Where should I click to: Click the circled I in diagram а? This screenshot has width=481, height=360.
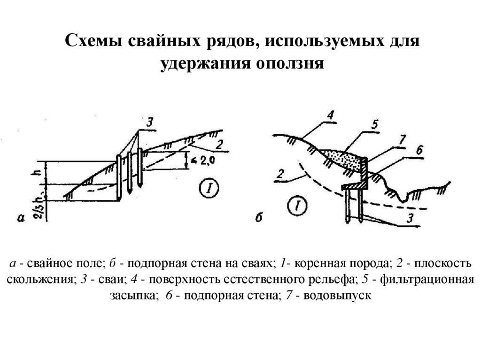click(209, 189)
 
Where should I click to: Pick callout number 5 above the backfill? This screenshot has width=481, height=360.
click(374, 124)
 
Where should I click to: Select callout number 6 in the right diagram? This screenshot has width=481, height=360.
click(419, 150)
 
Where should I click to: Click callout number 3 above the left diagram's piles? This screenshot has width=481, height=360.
click(149, 123)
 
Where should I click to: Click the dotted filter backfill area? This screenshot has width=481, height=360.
click(345, 158)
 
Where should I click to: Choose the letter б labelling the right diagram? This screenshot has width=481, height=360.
click(258, 217)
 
